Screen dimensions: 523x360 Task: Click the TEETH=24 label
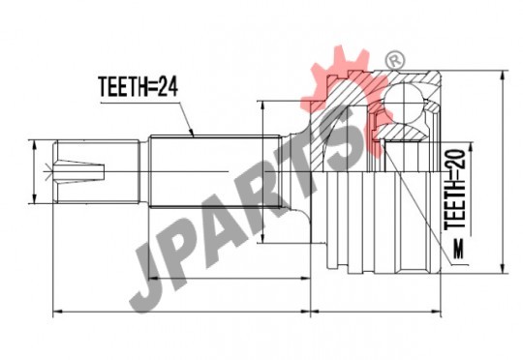pos(138,87)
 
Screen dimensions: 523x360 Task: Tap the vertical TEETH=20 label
pos(455,190)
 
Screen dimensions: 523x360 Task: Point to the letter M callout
pos(459,250)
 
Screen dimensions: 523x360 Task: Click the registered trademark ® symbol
pos(395,60)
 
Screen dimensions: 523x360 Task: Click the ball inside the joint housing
pos(404,102)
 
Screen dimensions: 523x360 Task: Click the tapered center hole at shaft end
pos(80,171)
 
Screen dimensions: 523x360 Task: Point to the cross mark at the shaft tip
pos(48,172)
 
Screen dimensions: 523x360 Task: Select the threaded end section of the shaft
pos(96,171)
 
